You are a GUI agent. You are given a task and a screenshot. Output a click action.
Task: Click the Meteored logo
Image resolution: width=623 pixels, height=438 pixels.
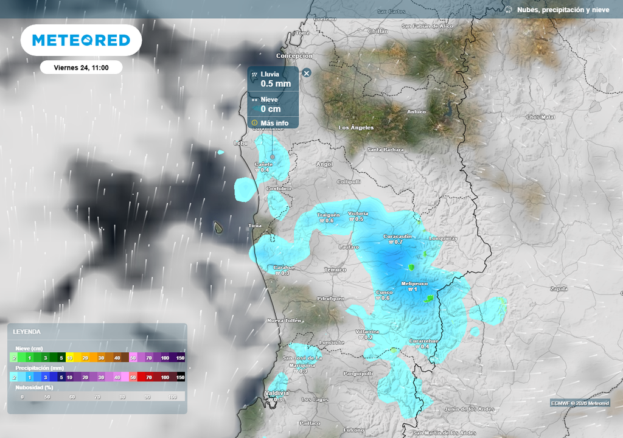coord(81,40)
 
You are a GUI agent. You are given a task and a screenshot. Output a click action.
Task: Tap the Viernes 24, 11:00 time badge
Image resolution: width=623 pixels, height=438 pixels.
coord(81,68)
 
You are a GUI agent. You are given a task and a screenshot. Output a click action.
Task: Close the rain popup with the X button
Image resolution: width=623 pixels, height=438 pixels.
coord(307,73)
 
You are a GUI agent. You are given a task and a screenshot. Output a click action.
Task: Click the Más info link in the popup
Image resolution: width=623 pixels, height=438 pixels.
coord(274,123)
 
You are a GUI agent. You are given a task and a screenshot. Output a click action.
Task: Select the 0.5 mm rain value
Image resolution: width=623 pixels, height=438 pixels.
coord(276,84)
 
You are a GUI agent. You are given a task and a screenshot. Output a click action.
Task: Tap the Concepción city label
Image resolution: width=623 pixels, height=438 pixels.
coord(294,56)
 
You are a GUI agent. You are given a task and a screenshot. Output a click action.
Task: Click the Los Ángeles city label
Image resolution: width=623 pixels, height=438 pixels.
coord(356,128)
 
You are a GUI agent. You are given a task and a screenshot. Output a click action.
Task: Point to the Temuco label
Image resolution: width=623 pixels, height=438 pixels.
coord(335,269)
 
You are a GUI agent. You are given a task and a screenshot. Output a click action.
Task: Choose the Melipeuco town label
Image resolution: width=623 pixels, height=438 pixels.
coord(415,284)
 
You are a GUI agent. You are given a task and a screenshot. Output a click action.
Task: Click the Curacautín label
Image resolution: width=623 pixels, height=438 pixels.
coord(398,236)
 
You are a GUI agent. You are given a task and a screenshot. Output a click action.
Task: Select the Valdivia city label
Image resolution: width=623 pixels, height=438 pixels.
coord(277,394)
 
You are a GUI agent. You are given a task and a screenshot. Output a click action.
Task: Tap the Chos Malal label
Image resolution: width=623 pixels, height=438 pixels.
coord(541,117)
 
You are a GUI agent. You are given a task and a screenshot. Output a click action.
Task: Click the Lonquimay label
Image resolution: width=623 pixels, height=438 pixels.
coord(443,238)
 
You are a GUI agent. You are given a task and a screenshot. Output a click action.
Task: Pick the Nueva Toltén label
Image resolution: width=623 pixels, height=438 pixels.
coord(285,321)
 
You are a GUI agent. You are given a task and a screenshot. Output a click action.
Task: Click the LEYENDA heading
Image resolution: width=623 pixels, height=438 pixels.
coord(28,332)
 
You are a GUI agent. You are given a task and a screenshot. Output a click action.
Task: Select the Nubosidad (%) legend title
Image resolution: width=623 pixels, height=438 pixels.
coord(34,387)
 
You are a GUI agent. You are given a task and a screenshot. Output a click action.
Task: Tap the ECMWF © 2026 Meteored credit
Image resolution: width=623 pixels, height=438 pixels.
coord(580,403)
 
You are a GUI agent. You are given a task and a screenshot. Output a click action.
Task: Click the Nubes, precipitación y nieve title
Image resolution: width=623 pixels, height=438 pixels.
coord(563,10)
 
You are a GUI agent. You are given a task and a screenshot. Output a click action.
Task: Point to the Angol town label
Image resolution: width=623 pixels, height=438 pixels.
coord(325,164)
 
